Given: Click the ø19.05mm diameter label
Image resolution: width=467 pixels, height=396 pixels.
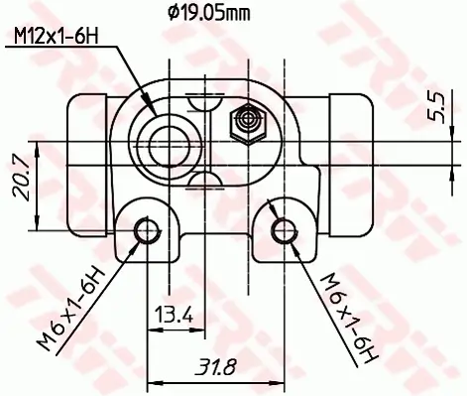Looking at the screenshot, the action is [209, 14].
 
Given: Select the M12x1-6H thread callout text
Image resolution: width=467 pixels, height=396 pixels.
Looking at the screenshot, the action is [57, 37].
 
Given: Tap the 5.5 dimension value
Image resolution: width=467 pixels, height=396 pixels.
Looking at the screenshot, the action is [436, 107].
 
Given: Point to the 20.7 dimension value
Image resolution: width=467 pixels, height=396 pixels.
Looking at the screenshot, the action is [21, 179].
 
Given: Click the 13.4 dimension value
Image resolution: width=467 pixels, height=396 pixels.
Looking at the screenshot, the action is [174, 315].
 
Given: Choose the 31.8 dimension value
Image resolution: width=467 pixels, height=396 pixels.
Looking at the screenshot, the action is [216, 367].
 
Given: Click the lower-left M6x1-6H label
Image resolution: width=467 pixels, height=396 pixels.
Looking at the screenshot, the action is [71, 309].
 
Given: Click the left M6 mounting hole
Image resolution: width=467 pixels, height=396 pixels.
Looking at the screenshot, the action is [146, 230].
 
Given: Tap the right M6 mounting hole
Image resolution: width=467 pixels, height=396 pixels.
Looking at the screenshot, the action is [284, 230].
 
